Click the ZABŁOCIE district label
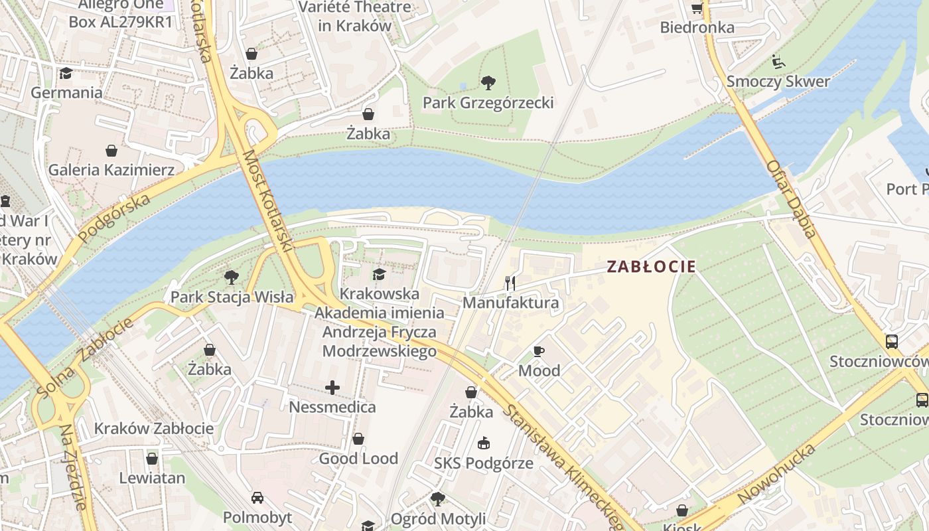click(x=651, y=267)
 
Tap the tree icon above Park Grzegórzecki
click(x=488, y=83)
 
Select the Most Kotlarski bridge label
click(x=267, y=201)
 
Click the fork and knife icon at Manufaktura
click(x=510, y=283)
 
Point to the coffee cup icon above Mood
click(x=539, y=351)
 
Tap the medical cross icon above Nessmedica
click(x=332, y=388)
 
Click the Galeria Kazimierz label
click(x=111, y=170)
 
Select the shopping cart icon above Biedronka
click(x=697, y=8)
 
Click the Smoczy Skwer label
click(x=778, y=82)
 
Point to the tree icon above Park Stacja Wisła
click(x=231, y=277)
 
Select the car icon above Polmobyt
click(x=257, y=498)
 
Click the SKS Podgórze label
click(x=484, y=463)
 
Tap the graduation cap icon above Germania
click(x=66, y=73)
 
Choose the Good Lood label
click(x=358, y=458)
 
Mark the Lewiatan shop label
click(x=152, y=478)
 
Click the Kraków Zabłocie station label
click(x=154, y=428)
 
